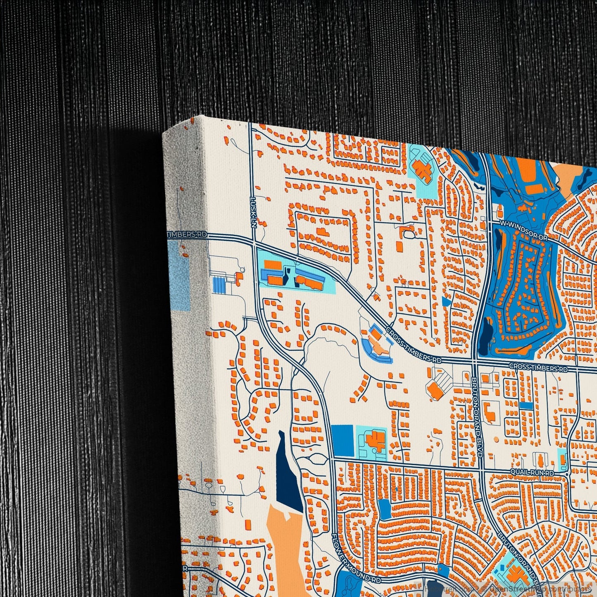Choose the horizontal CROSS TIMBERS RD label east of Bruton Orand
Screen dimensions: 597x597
538,367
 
